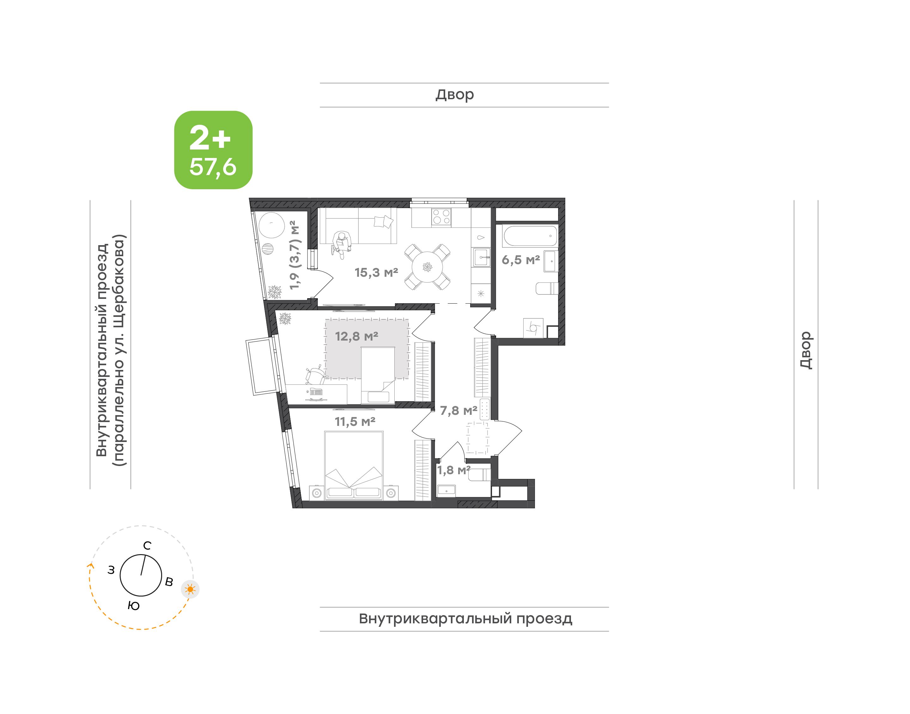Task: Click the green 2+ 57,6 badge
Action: coord(213,150)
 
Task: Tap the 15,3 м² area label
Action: coord(376,273)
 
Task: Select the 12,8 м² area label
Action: coord(356,336)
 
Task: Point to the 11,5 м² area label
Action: coord(355,422)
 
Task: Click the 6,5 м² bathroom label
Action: coord(521,260)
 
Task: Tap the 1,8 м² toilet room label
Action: coord(453,470)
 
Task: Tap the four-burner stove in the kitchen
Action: coord(441,217)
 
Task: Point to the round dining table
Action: coord(427,267)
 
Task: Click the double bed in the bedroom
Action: coord(354,466)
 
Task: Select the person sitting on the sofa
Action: coord(341,245)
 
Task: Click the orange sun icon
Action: coord(190,590)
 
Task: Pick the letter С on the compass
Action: coord(147,546)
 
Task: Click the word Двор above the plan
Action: coord(455,95)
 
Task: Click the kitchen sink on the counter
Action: coord(481,257)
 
